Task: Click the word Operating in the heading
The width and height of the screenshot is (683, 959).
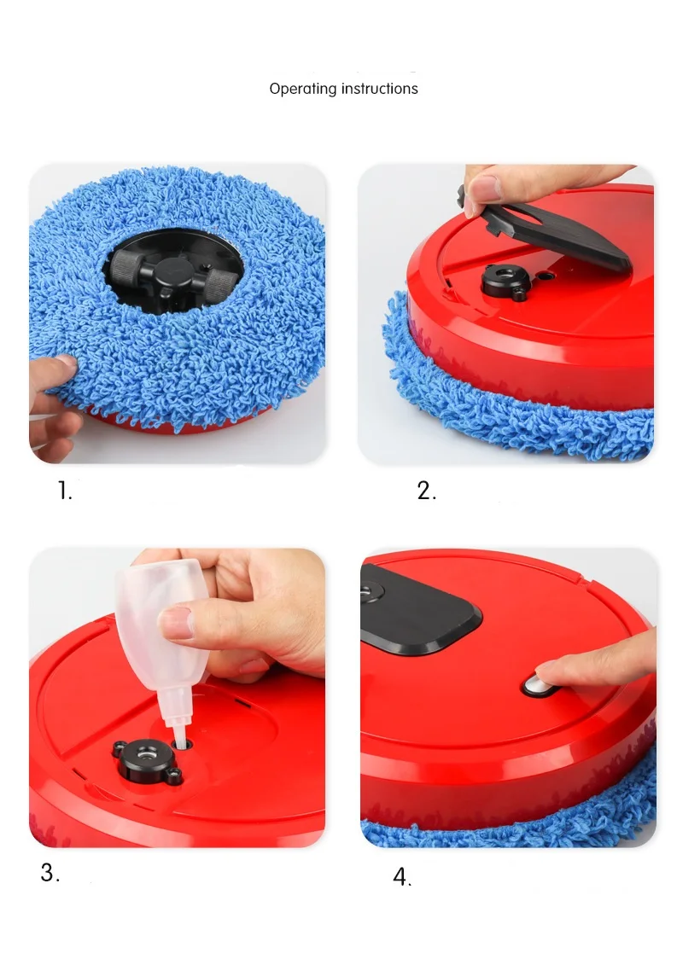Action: tap(303, 90)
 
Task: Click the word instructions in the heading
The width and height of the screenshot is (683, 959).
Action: tap(379, 89)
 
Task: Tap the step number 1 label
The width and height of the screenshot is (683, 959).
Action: tap(65, 491)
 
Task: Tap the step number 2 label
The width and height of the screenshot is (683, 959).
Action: tap(426, 491)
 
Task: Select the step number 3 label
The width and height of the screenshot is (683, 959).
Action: tap(50, 873)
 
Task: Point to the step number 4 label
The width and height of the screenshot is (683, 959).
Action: tap(402, 876)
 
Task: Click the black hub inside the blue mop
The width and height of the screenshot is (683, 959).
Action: tap(172, 273)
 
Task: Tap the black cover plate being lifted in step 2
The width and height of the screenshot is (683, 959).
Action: tap(545, 231)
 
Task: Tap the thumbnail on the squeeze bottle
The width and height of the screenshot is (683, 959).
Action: tap(177, 622)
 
